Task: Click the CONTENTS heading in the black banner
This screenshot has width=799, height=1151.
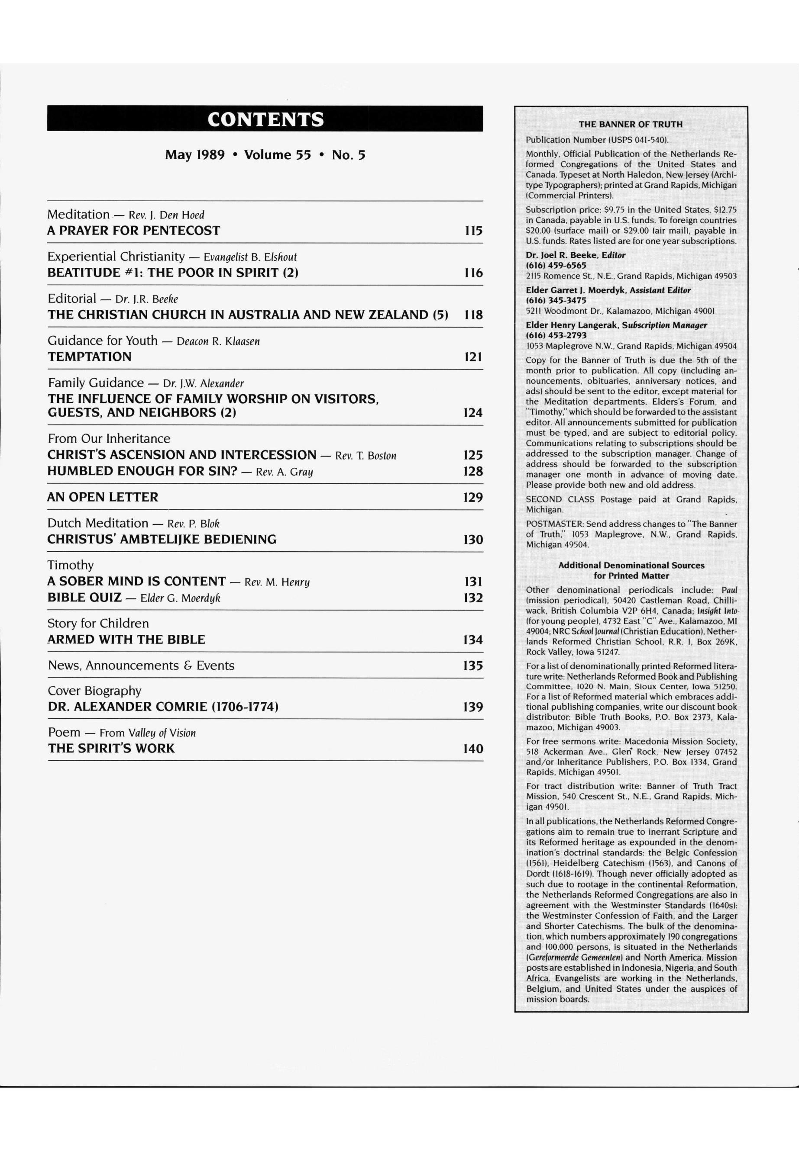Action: coord(265,119)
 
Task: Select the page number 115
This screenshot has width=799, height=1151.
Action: coord(472,231)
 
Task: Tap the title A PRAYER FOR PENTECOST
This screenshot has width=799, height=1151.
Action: coord(134,231)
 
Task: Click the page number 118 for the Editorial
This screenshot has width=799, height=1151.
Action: coord(472,315)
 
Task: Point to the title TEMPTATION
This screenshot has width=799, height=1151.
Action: coord(90,357)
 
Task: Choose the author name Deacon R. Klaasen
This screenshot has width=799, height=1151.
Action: coord(218,342)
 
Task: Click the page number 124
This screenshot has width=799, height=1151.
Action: coord(472,413)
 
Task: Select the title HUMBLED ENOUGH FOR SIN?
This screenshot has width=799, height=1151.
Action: coord(142,471)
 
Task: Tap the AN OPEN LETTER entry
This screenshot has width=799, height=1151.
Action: coord(103,497)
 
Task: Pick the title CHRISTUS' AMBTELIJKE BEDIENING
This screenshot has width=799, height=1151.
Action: coord(162,539)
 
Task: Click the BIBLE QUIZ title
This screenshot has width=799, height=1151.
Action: coord(84,598)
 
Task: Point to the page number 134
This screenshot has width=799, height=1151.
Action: coord(472,640)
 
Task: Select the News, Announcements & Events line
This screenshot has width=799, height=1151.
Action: coord(141,666)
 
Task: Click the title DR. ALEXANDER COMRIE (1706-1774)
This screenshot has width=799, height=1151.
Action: coord(163,707)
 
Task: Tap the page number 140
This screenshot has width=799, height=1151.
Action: coord(472,749)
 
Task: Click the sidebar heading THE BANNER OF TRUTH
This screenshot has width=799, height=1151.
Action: coord(630,124)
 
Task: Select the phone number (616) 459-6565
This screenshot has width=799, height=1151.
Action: coord(556,265)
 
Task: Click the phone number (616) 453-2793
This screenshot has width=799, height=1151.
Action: coord(556,335)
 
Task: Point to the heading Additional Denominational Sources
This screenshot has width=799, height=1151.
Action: coord(631,565)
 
